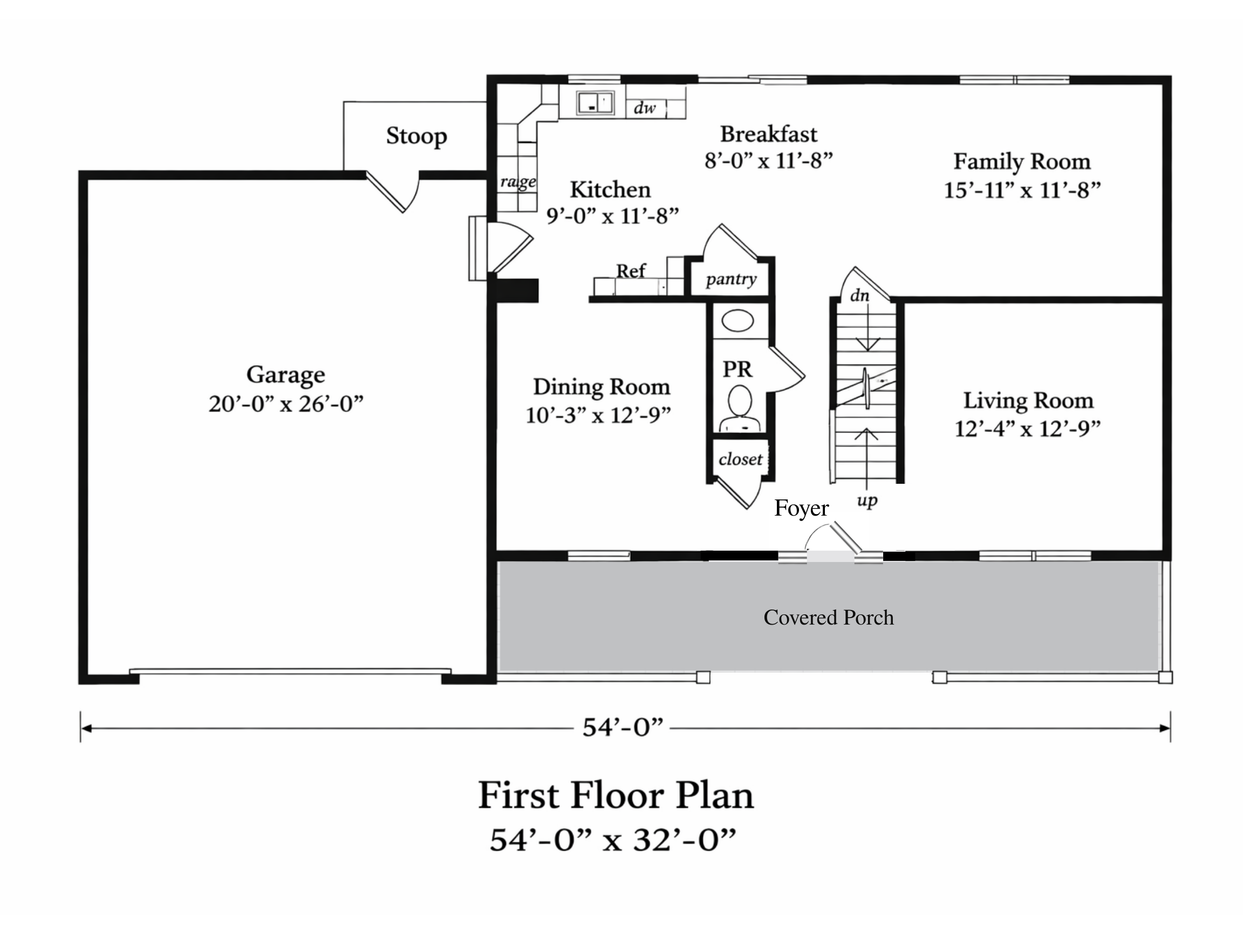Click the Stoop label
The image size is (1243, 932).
(x=416, y=136)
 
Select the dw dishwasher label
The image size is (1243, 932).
(x=645, y=108)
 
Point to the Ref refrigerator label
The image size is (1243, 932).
(x=631, y=271)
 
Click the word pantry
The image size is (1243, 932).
(x=731, y=279)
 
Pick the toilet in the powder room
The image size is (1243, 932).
(x=741, y=409)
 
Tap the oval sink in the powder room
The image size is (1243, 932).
(x=737, y=322)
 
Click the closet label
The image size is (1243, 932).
(x=741, y=460)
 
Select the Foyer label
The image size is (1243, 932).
(x=801, y=509)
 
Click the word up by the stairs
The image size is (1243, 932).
(x=867, y=501)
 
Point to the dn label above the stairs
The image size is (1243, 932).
(x=860, y=295)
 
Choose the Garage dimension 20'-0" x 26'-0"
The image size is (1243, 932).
(x=286, y=404)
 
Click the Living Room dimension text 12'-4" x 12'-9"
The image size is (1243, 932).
(x=1027, y=429)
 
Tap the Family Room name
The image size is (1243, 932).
(x=1022, y=162)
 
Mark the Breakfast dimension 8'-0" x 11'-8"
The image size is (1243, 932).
(x=768, y=161)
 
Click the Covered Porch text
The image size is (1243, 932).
(x=828, y=618)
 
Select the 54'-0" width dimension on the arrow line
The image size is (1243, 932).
(x=623, y=728)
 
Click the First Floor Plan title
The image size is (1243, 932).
(x=616, y=796)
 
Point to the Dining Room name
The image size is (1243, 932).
(x=602, y=387)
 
